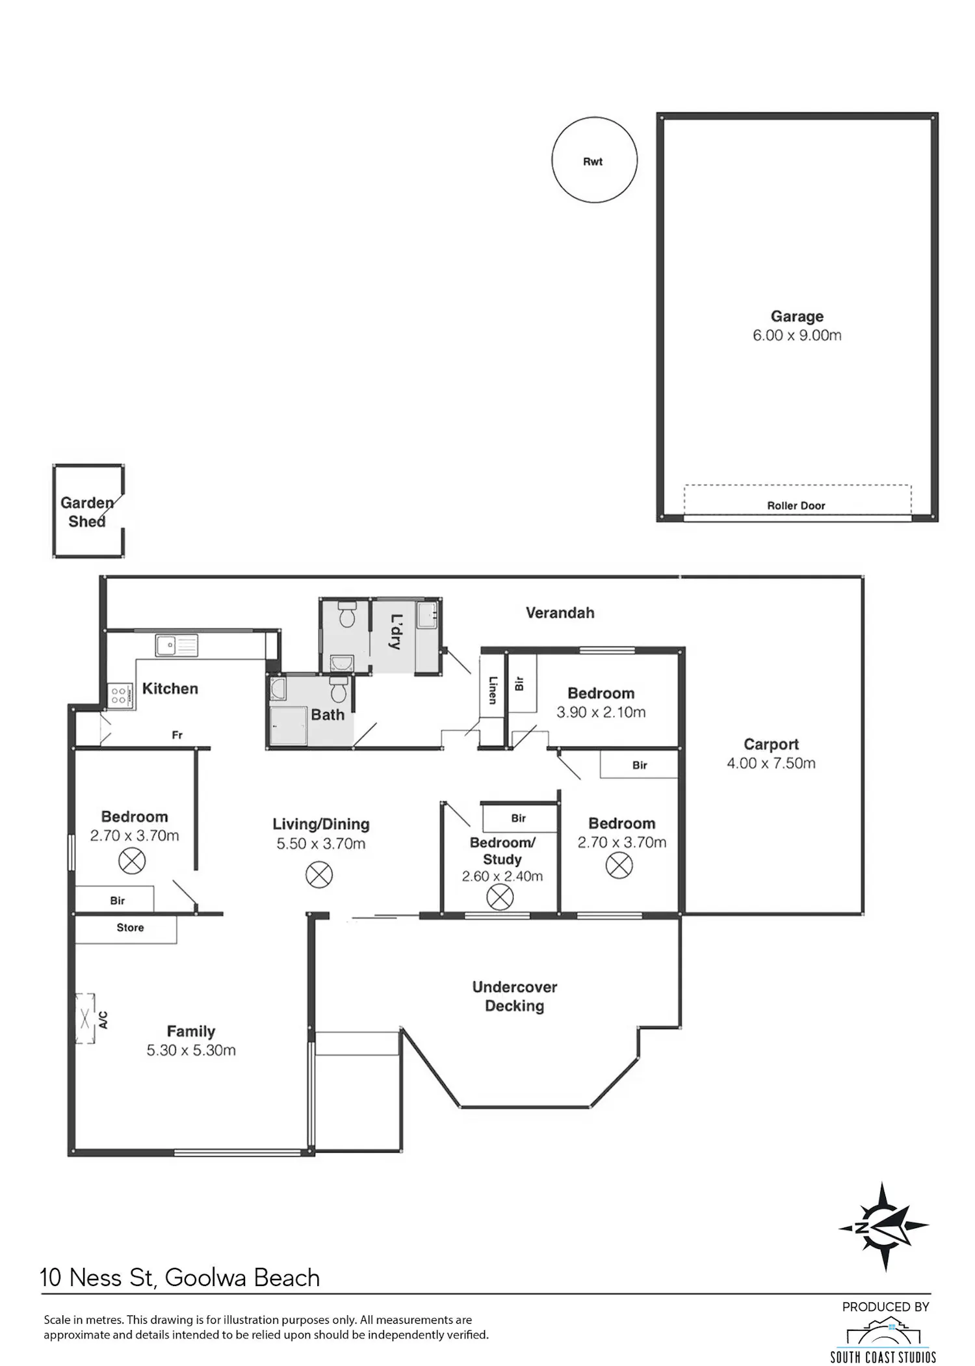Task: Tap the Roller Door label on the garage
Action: point(796,505)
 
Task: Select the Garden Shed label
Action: point(87,512)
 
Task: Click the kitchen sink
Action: point(176,645)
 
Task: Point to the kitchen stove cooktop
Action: point(119,695)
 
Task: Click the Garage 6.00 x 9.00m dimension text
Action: point(797,336)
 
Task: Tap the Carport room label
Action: point(771,744)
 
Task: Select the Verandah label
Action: point(560,613)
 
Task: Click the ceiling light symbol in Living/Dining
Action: point(319,875)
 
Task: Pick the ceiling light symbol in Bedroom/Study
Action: point(500,898)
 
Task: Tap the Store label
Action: point(130,928)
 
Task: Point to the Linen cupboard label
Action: point(493,690)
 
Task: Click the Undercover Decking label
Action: point(514,997)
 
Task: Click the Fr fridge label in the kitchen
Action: point(177,735)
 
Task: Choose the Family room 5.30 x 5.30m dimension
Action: point(191,1051)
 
